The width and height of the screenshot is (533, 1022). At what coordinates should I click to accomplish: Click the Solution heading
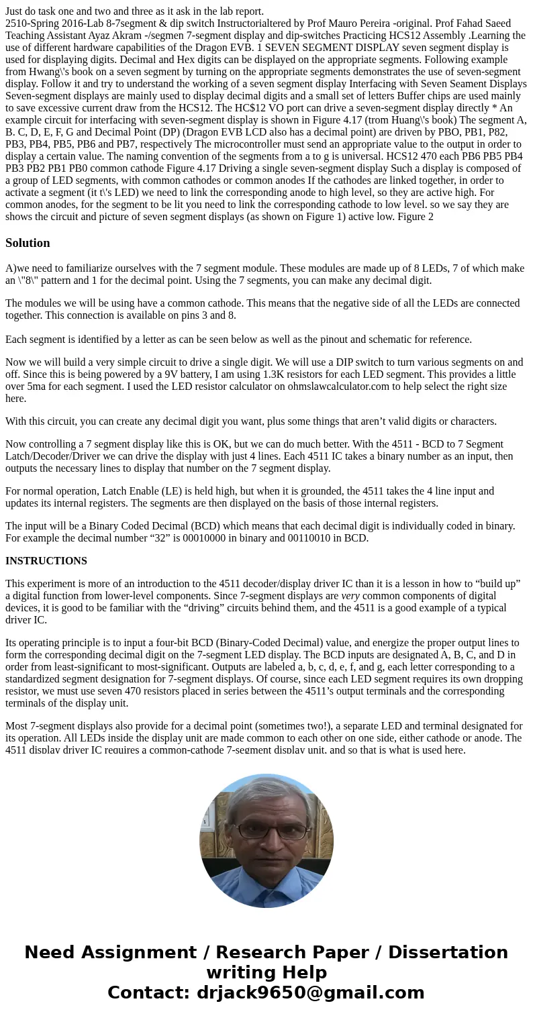[x=28, y=243]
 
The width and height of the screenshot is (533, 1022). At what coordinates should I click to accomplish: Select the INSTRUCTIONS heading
[x=46, y=561]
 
